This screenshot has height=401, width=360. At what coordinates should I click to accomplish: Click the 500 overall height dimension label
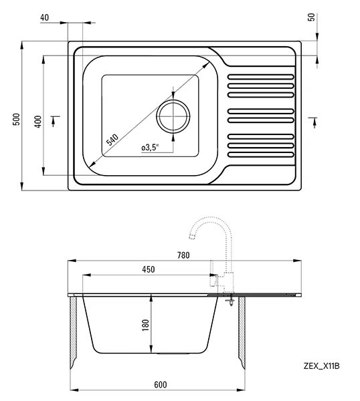click(16, 119)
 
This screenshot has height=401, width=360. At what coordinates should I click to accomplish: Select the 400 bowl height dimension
click(38, 122)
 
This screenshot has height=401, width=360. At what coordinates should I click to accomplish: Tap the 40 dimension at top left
click(44, 17)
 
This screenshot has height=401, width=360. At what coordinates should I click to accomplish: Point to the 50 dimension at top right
click(312, 17)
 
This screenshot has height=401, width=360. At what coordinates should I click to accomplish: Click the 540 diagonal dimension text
click(112, 140)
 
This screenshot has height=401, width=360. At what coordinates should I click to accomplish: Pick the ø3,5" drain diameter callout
click(150, 148)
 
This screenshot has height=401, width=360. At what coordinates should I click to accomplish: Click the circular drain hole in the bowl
click(173, 116)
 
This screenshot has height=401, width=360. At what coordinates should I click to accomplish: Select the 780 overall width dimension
click(183, 255)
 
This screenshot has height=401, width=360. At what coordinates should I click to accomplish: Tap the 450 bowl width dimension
click(149, 269)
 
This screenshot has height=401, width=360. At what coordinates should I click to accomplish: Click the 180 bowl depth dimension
click(145, 325)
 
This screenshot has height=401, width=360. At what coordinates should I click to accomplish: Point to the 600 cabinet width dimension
click(161, 385)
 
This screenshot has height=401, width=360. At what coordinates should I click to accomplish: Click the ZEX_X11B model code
click(322, 366)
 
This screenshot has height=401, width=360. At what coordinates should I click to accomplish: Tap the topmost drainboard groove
click(261, 77)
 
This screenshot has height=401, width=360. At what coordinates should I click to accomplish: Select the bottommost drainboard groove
click(261, 154)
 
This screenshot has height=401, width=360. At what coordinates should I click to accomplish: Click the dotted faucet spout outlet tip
click(191, 237)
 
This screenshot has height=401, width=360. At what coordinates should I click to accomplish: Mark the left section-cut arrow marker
click(54, 121)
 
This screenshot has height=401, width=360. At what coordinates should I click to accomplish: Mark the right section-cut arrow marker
click(314, 122)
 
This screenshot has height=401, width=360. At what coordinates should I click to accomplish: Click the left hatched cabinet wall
click(73, 332)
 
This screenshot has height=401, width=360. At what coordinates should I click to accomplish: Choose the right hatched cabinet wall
click(242, 332)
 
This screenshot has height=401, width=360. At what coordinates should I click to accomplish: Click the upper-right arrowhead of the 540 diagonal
click(206, 65)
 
